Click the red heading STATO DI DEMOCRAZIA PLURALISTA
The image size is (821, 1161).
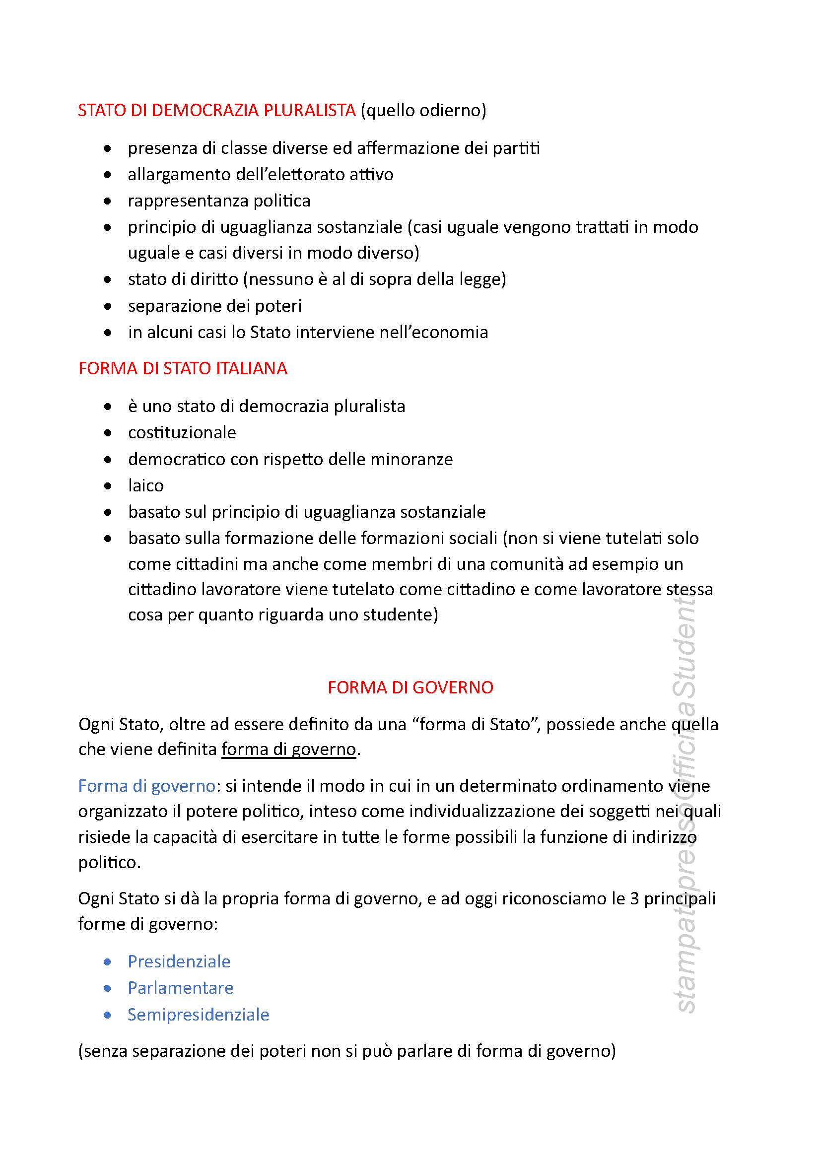[x=217, y=110]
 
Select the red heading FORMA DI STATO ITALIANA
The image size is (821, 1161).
[x=183, y=368]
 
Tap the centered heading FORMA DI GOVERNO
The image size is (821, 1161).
[x=410, y=687]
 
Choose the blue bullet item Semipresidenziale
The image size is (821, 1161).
[x=198, y=1014]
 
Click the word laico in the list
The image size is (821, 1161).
[x=145, y=485]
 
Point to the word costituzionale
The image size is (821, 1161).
[x=182, y=432]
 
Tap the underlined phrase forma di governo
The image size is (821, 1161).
[x=289, y=749]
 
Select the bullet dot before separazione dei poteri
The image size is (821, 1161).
[x=107, y=306]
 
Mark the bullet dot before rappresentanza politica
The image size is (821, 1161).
[x=107, y=201]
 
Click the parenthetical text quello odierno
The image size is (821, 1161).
[x=423, y=110]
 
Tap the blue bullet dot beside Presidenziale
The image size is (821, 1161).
[x=107, y=961]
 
